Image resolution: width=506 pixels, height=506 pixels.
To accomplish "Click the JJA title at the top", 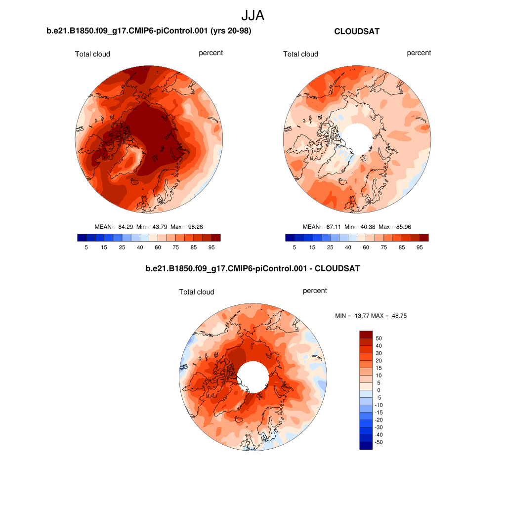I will coord(253,16).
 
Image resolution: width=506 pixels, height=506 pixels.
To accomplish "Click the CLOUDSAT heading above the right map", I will coord(357,32).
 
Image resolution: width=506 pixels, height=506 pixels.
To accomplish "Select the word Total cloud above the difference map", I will coord(197,292).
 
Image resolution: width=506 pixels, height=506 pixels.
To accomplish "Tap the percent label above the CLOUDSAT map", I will coord(419,53).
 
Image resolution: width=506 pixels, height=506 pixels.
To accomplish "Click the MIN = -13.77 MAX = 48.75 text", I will coord(371,316).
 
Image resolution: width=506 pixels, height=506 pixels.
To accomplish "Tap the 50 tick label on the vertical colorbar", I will coord(379,338).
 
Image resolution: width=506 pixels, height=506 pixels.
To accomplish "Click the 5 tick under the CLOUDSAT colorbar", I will coord(295,247).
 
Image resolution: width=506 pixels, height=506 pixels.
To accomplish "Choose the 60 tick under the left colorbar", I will coord(158,247).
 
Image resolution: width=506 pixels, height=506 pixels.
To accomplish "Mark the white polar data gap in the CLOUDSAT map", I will coord(357,137).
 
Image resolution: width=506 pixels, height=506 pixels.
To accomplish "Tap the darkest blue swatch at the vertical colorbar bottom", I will coord(365,446).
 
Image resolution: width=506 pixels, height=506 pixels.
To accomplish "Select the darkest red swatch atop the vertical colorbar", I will coord(365,335).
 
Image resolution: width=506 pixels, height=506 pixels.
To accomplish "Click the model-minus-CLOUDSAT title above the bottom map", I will coord(253,269).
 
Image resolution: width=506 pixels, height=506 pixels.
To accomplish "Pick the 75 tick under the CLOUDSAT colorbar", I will coord(384,247).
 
